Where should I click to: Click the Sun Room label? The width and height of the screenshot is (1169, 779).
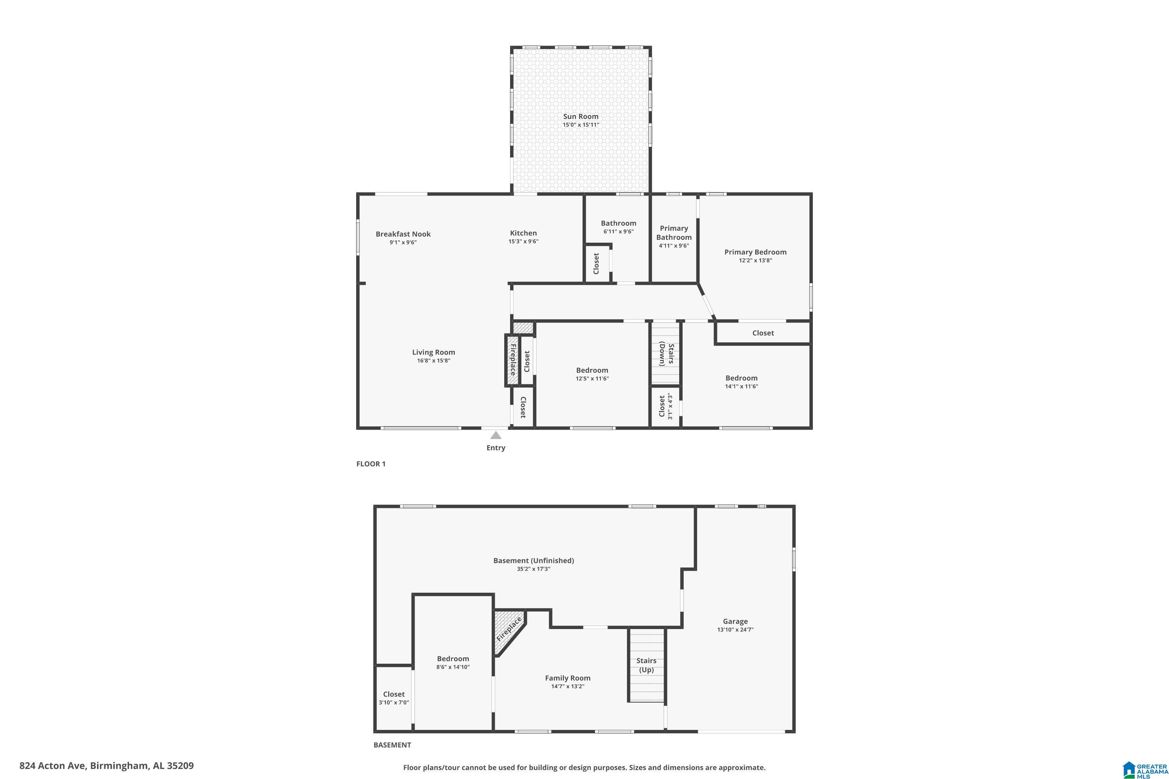581,116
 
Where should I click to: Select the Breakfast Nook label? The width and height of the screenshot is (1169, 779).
403,234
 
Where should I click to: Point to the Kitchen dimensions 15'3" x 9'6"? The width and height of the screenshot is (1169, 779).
523,241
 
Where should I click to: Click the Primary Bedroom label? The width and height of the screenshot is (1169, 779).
756,252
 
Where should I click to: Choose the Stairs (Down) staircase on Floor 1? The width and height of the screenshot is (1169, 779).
666,353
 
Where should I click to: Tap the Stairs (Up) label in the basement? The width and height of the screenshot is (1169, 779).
646,665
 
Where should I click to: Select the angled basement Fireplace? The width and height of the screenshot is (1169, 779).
509,631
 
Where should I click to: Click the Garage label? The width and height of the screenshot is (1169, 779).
735,621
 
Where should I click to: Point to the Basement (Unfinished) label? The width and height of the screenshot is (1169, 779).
533,560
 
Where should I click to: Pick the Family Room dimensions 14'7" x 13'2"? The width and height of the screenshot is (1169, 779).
568,686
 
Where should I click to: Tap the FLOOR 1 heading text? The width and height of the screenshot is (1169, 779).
371,464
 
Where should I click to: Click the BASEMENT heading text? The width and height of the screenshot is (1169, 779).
392,745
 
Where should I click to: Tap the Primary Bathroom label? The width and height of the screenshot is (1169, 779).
674,233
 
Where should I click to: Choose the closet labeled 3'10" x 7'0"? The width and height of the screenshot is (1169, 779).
394,698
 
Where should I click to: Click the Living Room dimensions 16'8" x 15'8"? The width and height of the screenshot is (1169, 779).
433,361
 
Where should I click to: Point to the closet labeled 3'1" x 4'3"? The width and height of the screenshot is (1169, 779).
666,406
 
